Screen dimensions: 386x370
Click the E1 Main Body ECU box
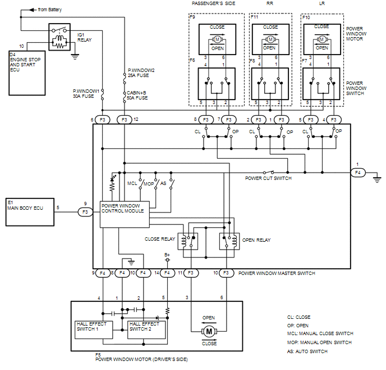point(30,212)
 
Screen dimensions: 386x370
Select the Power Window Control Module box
point(125,214)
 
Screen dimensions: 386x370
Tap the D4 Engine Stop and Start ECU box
point(27,73)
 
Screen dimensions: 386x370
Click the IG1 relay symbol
point(59,37)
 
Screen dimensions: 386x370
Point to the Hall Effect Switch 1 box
point(94,330)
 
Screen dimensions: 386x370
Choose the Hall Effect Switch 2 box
point(146,330)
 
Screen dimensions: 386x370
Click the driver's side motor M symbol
point(209,331)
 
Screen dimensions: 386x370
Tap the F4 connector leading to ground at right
point(358,173)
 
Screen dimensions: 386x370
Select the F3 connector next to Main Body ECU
point(85,212)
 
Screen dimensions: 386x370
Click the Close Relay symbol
point(188,241)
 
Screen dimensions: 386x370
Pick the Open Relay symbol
point(229,241)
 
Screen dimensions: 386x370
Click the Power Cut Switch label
point(268,178)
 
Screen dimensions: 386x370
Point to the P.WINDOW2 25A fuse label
point(141,73)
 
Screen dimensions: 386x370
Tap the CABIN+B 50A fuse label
point(137,95)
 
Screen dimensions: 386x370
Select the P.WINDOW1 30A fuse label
point(86,93)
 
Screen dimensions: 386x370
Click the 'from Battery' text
point(50,10)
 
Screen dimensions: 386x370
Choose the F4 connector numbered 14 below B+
point(167,273)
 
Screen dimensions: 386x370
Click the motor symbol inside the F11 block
point(270,39)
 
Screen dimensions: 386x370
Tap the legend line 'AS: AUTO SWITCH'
point(307,351)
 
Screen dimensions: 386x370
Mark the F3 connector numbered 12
point(125,120)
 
